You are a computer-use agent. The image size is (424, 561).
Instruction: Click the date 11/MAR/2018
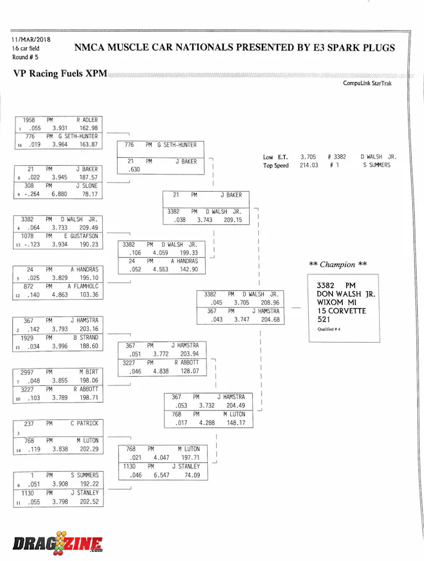[x=31, y=39]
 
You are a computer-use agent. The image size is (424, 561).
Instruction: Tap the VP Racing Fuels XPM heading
[x=60, y=73]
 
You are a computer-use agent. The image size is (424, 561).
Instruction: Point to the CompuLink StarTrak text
[x=367, y=84]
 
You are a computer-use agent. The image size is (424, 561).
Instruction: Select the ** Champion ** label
[x=338, y=264]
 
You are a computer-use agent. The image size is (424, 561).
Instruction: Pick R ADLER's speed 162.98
[x=89, y=128]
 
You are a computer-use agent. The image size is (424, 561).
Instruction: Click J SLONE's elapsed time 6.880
[x=60, y=194]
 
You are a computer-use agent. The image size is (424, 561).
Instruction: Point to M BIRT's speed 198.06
[x=89, y=381]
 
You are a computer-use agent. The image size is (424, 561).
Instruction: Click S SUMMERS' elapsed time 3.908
[x=60, y=485]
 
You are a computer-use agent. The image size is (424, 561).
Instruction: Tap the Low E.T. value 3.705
[x=309, y=157]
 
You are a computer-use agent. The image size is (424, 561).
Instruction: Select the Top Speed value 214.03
[x=309, y=165]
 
